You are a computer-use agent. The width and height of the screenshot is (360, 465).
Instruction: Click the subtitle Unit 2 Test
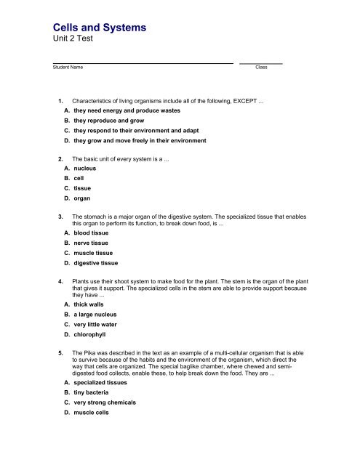pyautogui.click(x=73, y=43)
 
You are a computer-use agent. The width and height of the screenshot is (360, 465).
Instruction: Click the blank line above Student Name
pyautogui.click(x=143, y=62)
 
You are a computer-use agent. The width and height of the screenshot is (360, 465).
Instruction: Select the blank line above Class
pyautogui.click(x=261, y=62)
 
